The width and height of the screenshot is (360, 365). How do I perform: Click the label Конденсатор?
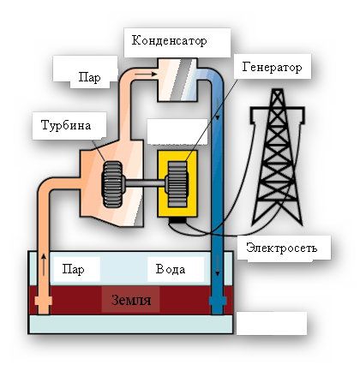click(169, 41)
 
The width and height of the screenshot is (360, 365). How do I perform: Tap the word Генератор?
click(272, 68)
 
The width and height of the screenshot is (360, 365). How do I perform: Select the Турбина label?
click(66, 125)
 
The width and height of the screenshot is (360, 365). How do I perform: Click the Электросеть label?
click(282, 248)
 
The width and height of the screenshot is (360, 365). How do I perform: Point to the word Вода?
click(171, 269)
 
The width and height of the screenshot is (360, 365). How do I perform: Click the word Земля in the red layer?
click(131, 301)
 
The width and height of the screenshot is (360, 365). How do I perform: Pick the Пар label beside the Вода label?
click(73, 269)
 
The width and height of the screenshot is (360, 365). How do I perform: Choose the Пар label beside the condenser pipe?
click(89, 77)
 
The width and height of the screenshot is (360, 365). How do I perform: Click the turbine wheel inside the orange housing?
click(112, 184)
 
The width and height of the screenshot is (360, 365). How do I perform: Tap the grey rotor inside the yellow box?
click(177, 184)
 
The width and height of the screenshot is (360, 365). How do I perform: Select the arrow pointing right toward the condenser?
click(146, 74)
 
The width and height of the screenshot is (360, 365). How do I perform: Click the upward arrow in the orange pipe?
click(44, 264)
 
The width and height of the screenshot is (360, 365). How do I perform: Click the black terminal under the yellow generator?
click(177, 220)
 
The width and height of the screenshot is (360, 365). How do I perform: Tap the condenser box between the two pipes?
click(177, 80)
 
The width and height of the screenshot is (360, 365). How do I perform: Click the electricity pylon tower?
click(278, 157)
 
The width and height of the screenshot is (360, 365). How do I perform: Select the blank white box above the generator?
click(177, 131)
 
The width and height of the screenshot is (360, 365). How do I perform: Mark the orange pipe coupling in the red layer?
click(44, 301)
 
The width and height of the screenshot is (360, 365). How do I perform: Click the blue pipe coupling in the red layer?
click(218, 301)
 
